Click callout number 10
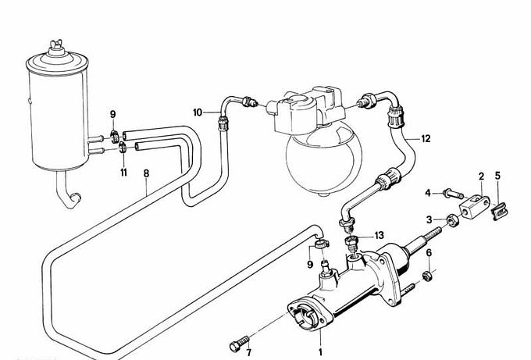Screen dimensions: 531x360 [x=198, y=112]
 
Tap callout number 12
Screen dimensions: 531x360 [x=426, y=138]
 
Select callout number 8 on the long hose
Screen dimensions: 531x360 [x=146, y=173]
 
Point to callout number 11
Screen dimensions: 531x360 [x=123, y=173]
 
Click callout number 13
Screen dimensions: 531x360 [x=380, y=235]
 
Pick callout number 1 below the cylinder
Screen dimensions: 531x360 [x=320, y=352]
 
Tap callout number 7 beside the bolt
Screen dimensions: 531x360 [x=249, y=352]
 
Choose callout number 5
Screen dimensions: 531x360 [x=497, y=176]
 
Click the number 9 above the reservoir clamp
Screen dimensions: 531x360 [x=112, y=115]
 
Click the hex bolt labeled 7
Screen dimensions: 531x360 [x=240, y=343]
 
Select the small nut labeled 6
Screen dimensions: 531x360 [x=427, y=276]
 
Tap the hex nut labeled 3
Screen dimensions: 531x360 [x=452, y=221]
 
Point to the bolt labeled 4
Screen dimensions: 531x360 [x=453, y=194]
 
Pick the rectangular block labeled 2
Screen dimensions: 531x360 [x=475, y=207]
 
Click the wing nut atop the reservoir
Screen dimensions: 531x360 [x=56, y=44]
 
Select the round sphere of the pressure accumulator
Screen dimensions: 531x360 [x=323, y=159]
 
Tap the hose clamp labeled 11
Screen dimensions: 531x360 [x=123, y=148]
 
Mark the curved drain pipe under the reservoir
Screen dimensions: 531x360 [x=68, y=191]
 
